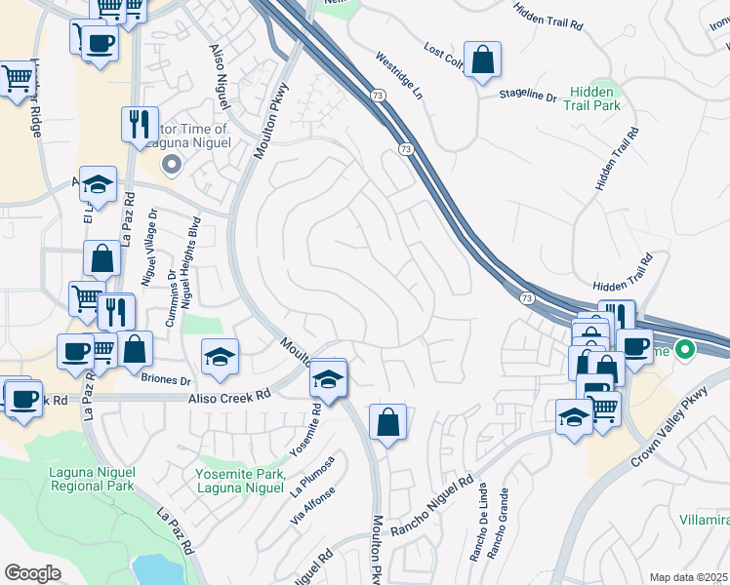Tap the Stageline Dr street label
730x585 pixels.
tap(527, 96)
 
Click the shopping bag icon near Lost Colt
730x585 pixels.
tap(482, 60)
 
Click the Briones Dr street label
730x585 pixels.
tap(166, 380)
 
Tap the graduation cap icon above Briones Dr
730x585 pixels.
tap(221, 358)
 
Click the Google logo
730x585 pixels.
tap(33, 573)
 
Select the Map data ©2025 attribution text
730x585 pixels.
tap(689, 577)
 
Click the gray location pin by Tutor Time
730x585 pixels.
tap(172, 165)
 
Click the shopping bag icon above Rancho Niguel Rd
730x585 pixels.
tap(388, 423)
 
